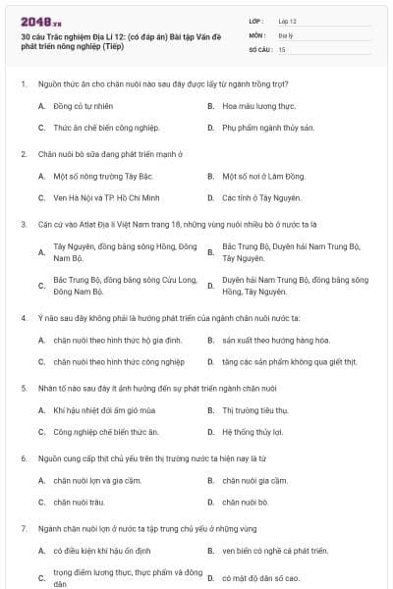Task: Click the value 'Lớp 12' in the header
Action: (x=288, y=20)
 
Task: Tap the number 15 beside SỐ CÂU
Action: (x=282, y=48)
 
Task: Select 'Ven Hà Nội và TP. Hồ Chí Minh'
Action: (x=108, y=198)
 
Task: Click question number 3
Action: (x=23, y=224)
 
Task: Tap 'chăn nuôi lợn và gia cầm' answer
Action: (x=98, y=480)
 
